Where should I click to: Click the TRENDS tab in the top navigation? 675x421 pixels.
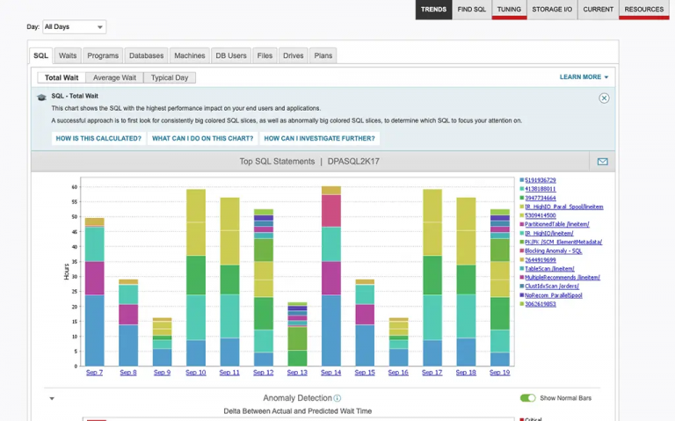tap(433, 10)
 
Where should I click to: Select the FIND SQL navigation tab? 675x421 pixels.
tap(471, 10)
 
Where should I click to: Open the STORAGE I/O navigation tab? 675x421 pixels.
tap(552, 10)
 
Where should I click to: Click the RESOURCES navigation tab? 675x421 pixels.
tap(644, 10)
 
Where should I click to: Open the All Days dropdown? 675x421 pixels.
tap(74, 27)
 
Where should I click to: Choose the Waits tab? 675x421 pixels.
tap(68, 55)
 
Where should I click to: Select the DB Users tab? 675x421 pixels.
tap(231, 55)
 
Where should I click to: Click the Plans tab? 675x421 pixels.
tap(323, 55)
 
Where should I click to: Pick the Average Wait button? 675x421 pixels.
tap(114, 78)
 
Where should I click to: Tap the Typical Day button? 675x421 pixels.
tap(170, 78)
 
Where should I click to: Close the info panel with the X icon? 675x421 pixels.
tap(604, 98)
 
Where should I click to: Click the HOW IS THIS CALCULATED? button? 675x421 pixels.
tap(98, 138)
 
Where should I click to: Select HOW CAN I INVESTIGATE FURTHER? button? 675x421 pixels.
tap(320, 138)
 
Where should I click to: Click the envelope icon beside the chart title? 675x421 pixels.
tap(602, 162)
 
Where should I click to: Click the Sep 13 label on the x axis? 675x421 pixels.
tap(297, 373)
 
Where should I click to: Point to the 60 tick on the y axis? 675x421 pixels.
tap(75, 186)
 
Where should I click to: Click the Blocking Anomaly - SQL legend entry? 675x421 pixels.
tap(553, 250)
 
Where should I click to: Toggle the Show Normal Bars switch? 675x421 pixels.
tap(527, 398)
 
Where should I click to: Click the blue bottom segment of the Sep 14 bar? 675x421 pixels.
tap(330, 330)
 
